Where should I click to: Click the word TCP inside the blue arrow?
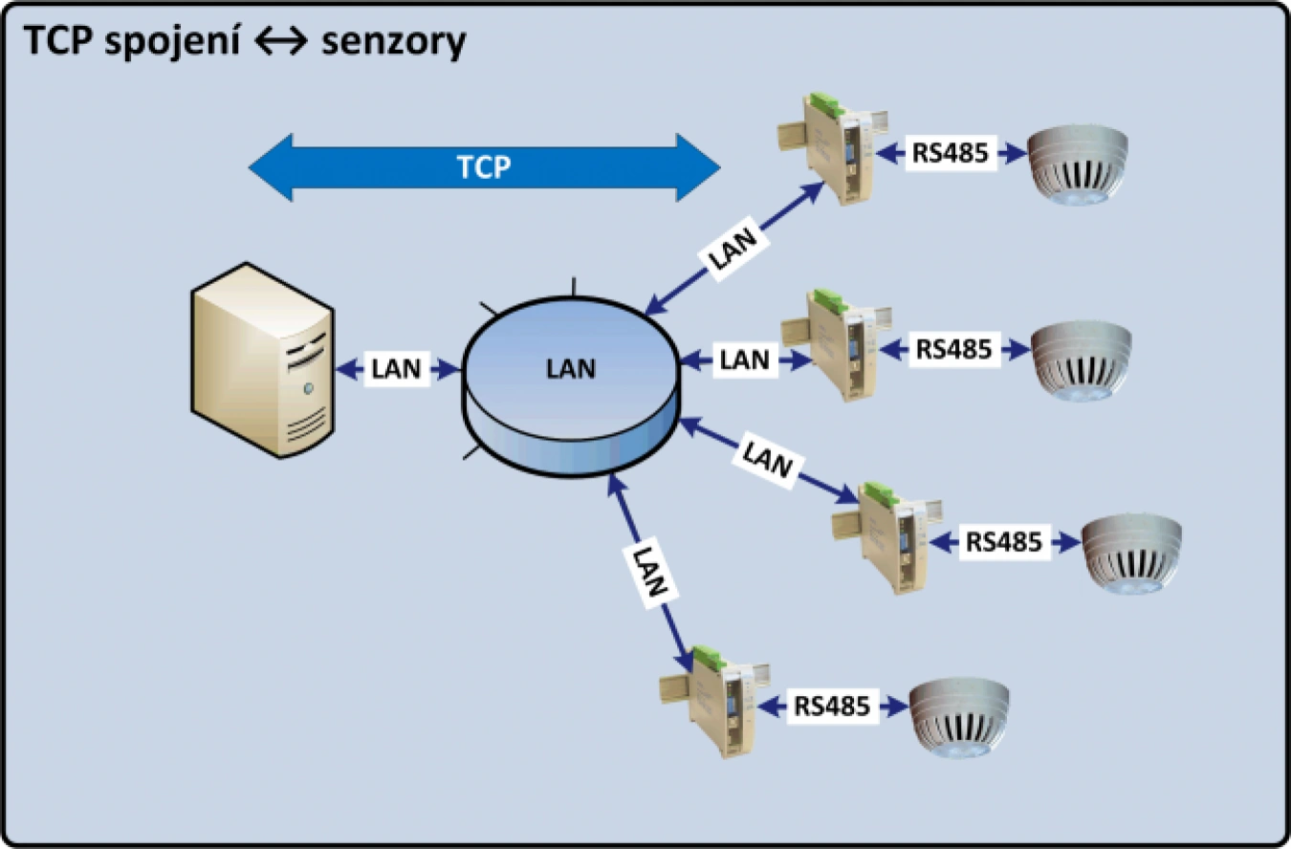(x=483, y=167)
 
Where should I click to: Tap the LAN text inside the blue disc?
(x=571, y=368)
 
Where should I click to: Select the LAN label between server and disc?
(x=396, y=369)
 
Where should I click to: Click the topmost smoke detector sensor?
(x=1078, y=162)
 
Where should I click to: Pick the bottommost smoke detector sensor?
(x=959, y=720)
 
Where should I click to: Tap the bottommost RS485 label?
(x=832, y=707)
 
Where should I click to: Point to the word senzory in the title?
(x=394, y=41)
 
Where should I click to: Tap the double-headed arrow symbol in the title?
(x=281, y=42)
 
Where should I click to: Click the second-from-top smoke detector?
(x=1081, y=357)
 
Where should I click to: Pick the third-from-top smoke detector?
(x=1132, y=553)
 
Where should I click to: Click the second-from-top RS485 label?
(x=953, y=348)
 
